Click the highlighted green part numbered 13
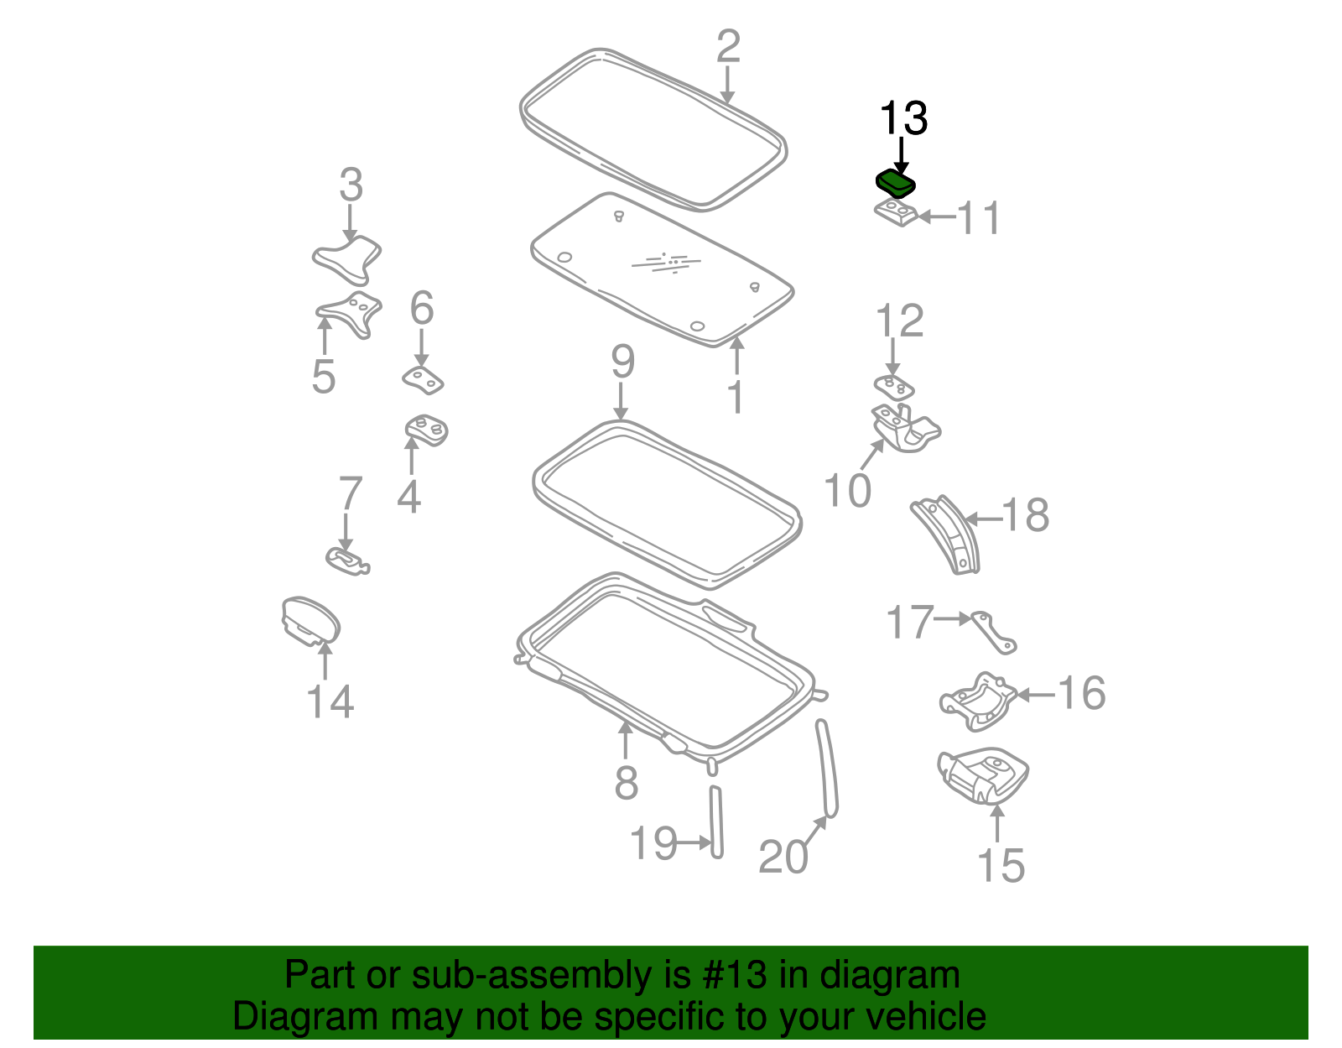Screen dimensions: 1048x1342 (895, 183)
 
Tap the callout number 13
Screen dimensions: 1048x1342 (903, 119)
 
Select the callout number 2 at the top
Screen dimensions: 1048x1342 (728, 47)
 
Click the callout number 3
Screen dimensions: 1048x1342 (351, 185)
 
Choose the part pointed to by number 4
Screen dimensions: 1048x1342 (427, 430)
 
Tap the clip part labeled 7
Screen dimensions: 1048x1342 (346, 560)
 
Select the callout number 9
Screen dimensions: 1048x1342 (622, 362)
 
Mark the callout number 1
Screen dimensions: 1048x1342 (736, 397)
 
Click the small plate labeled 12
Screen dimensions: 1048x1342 (894, 388)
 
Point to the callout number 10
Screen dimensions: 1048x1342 (847, 491)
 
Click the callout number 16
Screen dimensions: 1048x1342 (1081, 694)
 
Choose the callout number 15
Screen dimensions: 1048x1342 (1001, 865)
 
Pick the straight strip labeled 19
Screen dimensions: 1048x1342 (716, 821)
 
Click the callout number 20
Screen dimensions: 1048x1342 (783, 857)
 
